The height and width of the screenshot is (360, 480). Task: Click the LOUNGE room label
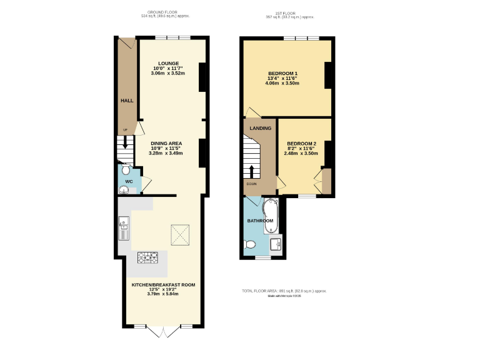point(169,63)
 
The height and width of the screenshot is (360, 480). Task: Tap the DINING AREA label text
point(166,142)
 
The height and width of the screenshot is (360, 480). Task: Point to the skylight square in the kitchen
point(182,235)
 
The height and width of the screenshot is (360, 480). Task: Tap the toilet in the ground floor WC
point(126,170)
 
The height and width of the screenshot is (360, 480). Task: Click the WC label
point(129,182)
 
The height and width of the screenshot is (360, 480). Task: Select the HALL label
point(127,100)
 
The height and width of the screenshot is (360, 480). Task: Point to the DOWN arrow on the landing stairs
point(252,172)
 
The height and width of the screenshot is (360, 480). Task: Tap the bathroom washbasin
point(276,244)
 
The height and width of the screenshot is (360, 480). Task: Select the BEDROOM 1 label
point(282,74)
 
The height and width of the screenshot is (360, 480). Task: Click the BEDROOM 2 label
point(302,144)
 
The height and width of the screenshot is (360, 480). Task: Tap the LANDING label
point(261,128)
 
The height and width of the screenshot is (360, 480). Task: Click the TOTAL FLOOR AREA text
point(284,291)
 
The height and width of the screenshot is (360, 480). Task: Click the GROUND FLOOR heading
point(159,12)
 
